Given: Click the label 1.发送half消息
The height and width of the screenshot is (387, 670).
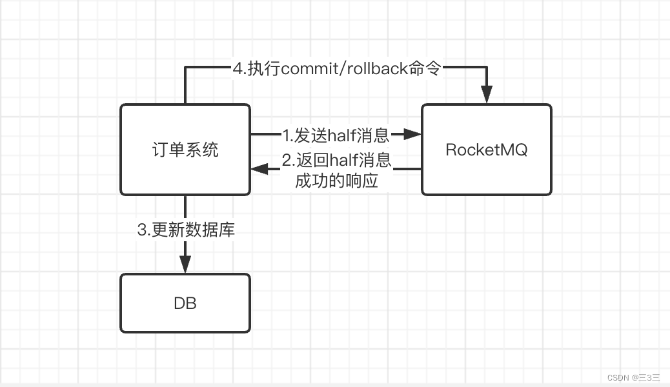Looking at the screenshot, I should point(336,135).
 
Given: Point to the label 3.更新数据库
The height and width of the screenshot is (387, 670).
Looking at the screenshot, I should point(186,230).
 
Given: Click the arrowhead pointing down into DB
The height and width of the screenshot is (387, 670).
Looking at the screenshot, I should point(185,264).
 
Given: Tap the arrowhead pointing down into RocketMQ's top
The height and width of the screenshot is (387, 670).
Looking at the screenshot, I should point(487,94).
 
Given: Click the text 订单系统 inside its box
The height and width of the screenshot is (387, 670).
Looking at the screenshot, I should point(185,150).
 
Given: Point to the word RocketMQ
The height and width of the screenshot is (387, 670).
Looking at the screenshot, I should point(487,150).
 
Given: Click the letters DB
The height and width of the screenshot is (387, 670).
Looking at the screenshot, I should point(185,303).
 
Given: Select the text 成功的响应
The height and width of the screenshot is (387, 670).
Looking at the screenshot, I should point(336,181).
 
